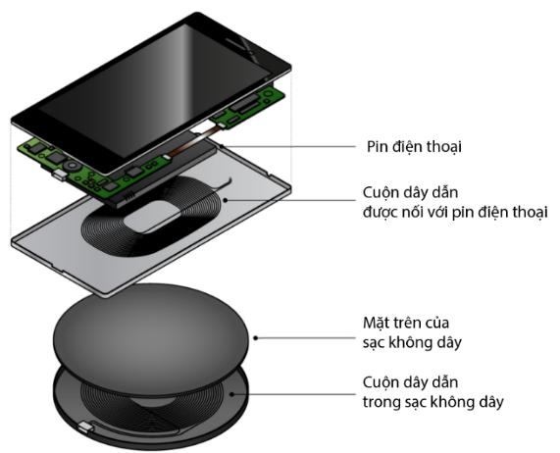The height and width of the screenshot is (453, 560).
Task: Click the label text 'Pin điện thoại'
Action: [x=414, y=147]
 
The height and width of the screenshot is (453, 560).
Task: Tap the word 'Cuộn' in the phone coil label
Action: [x=380, y=192]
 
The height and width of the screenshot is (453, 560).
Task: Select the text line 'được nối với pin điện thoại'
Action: [x=455, y=212]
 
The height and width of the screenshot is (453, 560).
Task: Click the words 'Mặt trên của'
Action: [x=406, y=323]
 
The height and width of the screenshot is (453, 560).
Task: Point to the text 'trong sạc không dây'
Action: [x=433, y=402]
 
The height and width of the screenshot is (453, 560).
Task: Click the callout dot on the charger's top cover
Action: [x=255, y=337]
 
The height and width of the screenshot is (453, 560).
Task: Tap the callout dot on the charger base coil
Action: [x=231, y=394]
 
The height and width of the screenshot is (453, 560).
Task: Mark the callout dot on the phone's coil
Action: [x=226, y=200]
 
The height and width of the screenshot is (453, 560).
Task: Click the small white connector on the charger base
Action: [x=85, y=427]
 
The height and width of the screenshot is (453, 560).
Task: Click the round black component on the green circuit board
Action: [x=73, y=167]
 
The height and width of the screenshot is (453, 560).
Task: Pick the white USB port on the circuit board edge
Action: [x=59, y=175]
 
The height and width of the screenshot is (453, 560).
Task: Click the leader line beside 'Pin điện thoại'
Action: [x=289, y=146]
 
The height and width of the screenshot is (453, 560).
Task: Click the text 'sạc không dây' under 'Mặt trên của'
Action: [x=413, y=343]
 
